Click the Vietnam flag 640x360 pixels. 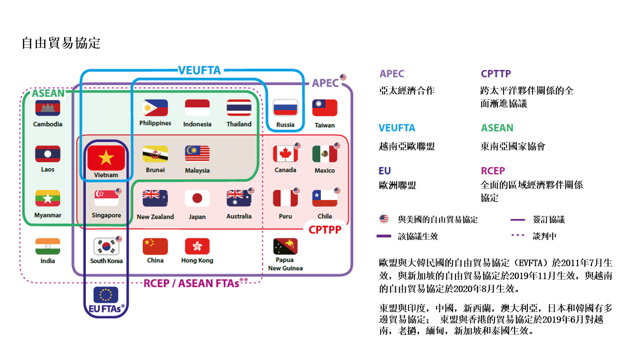click(x=106, y=158)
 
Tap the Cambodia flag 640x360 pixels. click(x=48, y=108)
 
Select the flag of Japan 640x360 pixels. click(x=197, y=198)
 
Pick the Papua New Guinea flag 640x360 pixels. click(x=285, y=246)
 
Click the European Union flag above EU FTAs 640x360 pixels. click(x=106, y=295)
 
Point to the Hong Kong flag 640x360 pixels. click(x=197, y=246)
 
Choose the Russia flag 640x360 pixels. click(x=285, y=108)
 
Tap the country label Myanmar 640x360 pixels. click(x=48, y=215)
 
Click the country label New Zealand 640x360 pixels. click(x=155, y=217)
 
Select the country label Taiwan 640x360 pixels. click(x=325, y=125)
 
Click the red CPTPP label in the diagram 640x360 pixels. click(x=325, y=230)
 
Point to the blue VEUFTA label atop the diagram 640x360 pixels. click(x=200, y=70)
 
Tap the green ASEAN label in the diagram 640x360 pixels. click(x=48, y=93)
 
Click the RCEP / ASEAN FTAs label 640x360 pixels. click(x=191, y=283)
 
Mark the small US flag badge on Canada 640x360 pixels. click(x=298, y=145)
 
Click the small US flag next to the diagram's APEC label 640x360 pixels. click(x=343, y=77)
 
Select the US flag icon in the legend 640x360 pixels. click(x=384, y=219)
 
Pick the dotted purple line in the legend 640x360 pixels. click(x=518, y=235)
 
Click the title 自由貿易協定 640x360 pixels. click(x=61, y=43)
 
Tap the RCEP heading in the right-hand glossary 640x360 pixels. click(x=493, y=171)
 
